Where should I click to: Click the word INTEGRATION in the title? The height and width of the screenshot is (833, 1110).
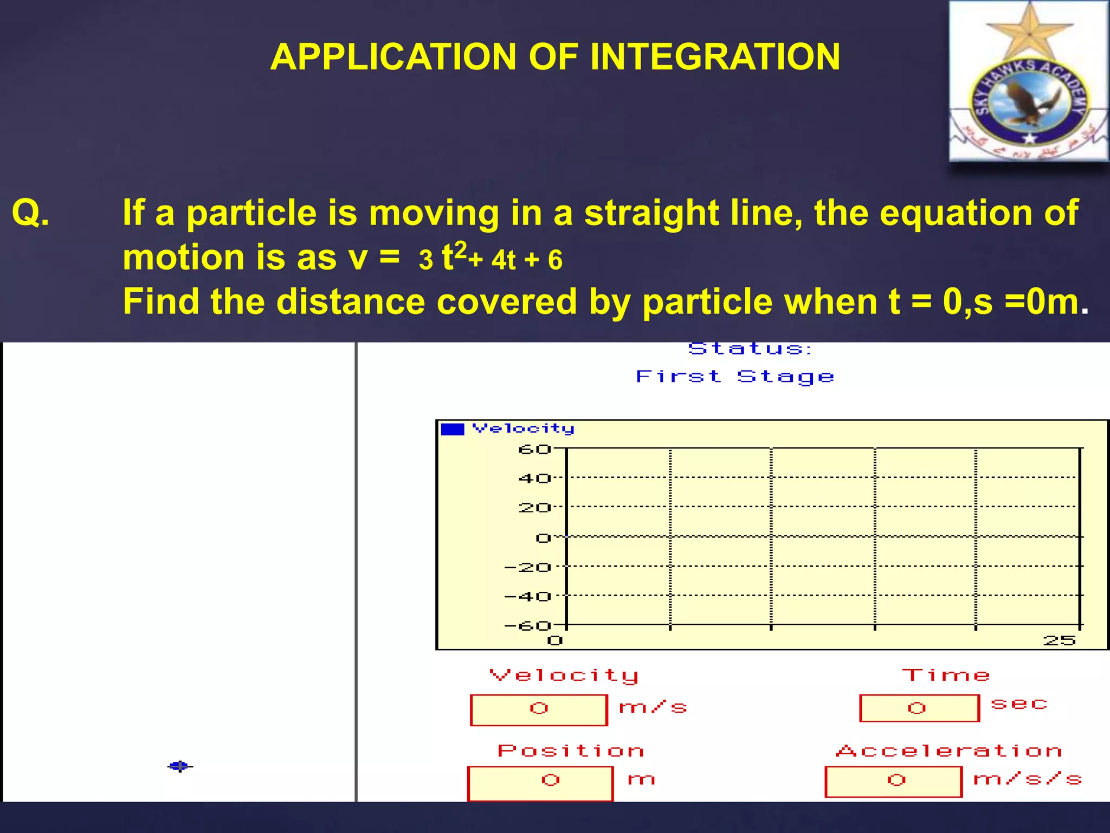click(x=715, y=57)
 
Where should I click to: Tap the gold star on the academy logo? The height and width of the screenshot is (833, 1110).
click(x=1028, y=33)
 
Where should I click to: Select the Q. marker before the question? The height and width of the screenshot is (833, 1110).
click(x=30, y=213)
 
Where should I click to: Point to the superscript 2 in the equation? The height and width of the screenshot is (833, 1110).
click(x=460, y=250)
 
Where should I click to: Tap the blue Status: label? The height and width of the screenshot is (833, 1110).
click(x=750, y=349)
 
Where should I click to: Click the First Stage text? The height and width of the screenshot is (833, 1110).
click(x=734, y=376)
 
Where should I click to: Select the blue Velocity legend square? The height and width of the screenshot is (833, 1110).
click(x=453, y=429)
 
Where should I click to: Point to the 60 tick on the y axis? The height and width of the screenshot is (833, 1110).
click(x=534, y=450)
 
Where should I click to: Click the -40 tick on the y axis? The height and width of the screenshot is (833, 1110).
click(x=527, y=597)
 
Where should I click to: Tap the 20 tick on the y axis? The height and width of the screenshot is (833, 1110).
click(x=534, y=508)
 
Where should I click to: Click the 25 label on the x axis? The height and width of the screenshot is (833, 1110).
click(x=1059, y=641)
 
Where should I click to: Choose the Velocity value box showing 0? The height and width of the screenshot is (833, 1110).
click(x=539, y=709)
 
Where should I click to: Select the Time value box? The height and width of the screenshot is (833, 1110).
click(x=919, y=708)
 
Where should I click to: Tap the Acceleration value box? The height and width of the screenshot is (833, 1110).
click(x=893, y=781)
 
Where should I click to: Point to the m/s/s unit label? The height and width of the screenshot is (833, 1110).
click(x=1027, y=780)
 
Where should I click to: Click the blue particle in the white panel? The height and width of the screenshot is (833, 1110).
click(x=179, y=766)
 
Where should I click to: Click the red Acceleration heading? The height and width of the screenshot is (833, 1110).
click(x=948, y=751)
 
